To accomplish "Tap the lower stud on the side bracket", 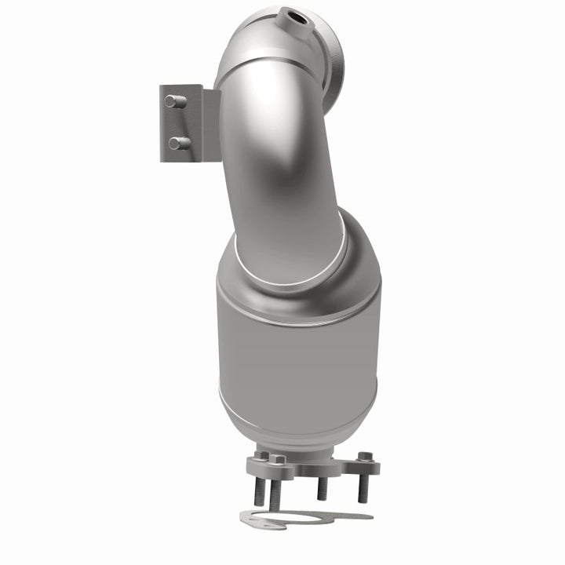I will [x=177, y=143].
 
